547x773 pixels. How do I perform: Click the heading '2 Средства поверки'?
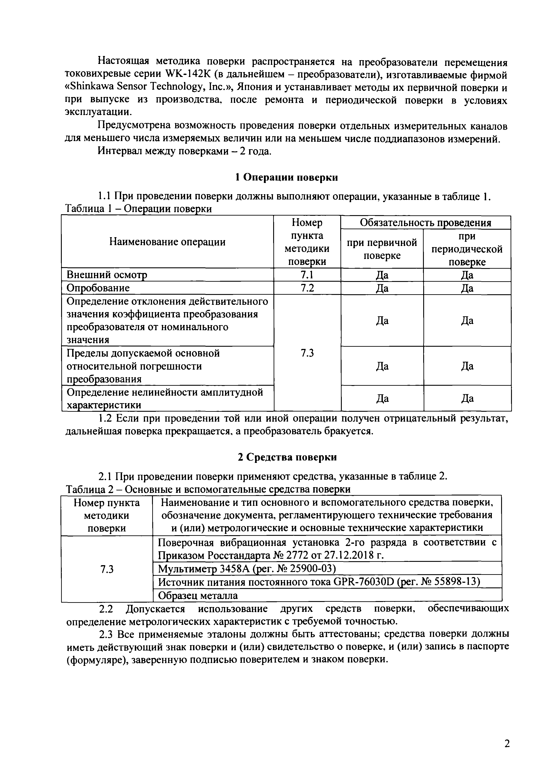point(287,457)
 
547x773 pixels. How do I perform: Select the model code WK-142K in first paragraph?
point(191,75)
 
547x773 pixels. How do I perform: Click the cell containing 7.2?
point(307,288)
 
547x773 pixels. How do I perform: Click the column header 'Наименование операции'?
point(167,242)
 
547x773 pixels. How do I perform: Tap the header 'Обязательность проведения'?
point(425,223)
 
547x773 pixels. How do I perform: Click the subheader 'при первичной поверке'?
point(382,249)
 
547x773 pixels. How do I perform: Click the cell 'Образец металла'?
point(198,596)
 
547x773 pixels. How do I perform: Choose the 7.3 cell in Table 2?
point(107,569)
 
